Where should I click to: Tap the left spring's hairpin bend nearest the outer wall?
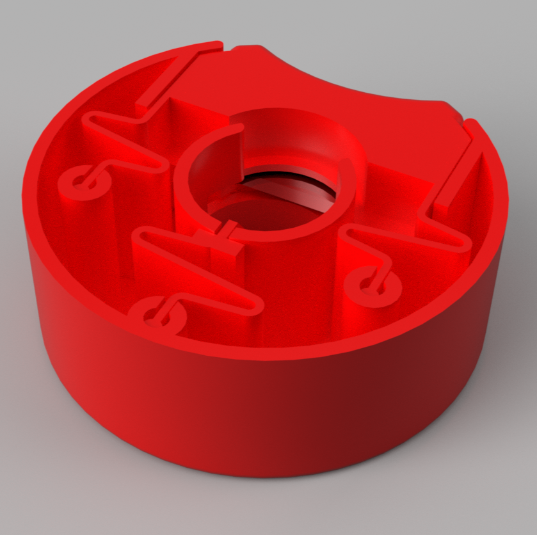coord(90,118)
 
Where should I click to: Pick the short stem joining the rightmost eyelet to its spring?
coord(384,269)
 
